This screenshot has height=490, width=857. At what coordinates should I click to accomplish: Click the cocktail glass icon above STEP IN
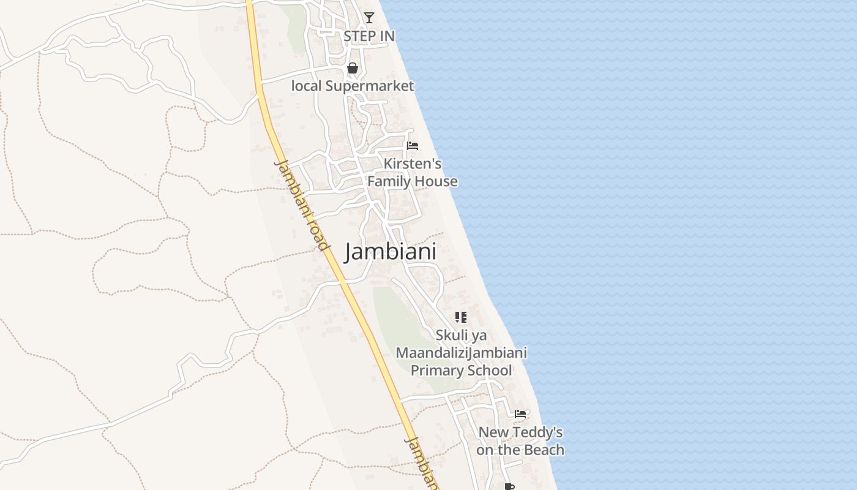(369, 18)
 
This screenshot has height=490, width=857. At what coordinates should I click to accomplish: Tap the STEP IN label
(369, 36)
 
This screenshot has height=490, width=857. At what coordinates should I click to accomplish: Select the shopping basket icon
(353, 68)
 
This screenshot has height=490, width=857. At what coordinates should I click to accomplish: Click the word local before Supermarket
(306, 86)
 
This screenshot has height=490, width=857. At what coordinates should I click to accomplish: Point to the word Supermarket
(370, 86)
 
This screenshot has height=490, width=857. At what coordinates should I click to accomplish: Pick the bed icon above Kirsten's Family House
(413, 146)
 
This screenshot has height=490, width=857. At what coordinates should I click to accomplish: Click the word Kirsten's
(413, 164)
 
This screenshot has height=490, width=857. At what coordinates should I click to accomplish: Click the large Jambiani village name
(391, 252)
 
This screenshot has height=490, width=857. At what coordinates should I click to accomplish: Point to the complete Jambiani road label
(302, 205)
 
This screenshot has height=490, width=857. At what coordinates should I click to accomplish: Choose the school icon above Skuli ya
(461, 317)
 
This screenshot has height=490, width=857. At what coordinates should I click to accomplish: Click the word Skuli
(452, 335)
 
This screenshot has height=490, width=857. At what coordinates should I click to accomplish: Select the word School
(487, 371)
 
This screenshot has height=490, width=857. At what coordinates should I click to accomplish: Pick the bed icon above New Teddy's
(520, 413)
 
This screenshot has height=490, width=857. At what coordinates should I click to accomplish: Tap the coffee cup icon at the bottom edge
(509, 486)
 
